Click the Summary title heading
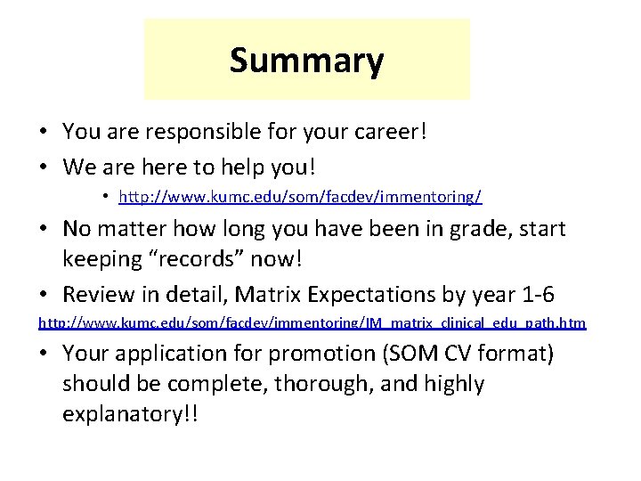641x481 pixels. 306,61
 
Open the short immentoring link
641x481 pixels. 300,195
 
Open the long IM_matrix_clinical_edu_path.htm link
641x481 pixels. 312,322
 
